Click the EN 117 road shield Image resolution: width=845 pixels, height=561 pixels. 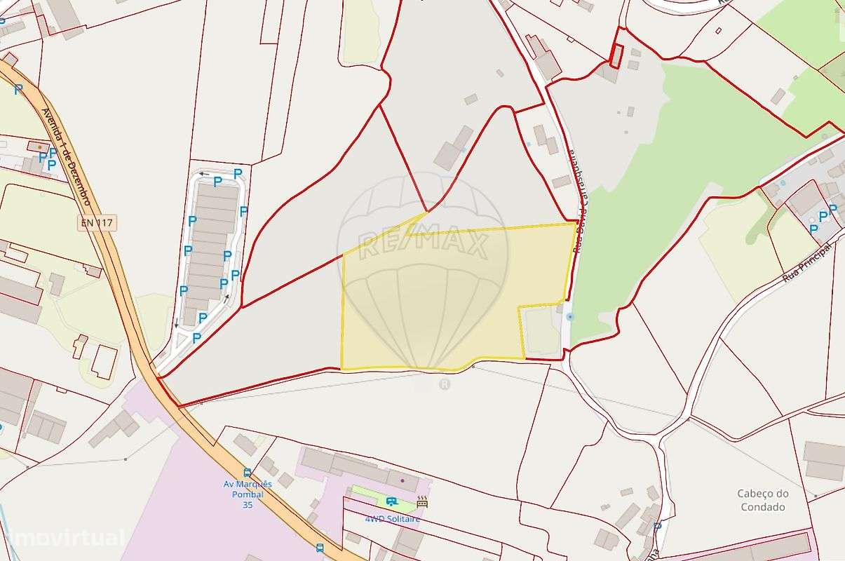pos(97,224)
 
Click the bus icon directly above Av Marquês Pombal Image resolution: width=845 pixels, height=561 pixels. pos(247,473)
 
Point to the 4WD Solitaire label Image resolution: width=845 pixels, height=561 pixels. pos(393,519)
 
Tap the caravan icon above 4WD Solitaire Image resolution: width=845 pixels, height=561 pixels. pos(391,501)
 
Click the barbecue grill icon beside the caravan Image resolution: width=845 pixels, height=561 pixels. pos(422,502)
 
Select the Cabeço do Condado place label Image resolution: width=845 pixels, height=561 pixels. pos(763,500)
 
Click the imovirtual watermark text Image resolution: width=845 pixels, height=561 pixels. pos(63,539)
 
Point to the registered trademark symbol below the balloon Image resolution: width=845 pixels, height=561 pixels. pos(444,384)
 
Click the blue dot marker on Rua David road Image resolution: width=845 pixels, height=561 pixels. pos(569,317)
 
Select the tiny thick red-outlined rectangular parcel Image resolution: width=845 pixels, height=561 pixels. pos(616,55)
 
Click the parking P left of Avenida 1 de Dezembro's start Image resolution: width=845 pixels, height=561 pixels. pos(18,90)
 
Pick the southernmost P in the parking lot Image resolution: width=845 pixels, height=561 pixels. pos(196,338)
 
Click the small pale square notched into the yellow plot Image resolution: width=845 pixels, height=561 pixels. pos(541,331)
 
